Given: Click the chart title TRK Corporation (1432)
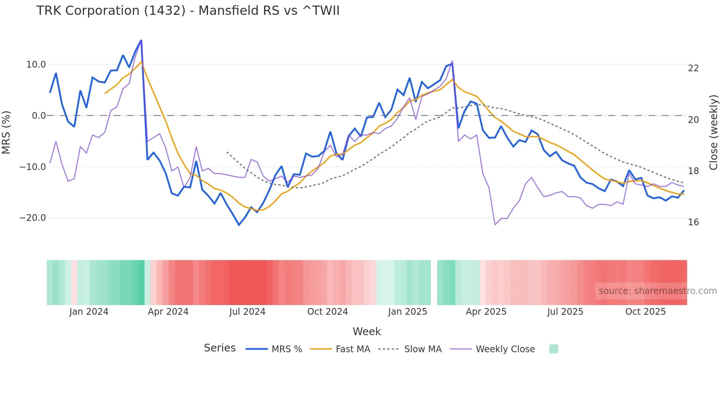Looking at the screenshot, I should coord(188,11).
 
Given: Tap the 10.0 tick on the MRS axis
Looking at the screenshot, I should coord(36,65).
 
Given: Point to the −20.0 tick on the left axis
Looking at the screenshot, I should coord(33,218).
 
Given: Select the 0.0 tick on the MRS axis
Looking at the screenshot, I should coord(39,116).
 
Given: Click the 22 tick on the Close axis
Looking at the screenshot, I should coord(693,68).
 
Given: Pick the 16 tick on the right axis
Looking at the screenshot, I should coord(693,222).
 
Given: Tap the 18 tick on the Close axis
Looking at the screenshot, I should coord(693,171).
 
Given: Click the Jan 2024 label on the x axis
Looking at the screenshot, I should coord(89,312).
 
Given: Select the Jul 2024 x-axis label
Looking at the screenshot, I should coord(247,312).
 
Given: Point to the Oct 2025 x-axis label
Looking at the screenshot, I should coord(646,312).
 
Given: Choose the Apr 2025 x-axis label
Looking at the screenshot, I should coord(486,312).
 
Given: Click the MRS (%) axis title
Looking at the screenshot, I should coord(6,132).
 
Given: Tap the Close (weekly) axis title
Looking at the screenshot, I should coord(713,132).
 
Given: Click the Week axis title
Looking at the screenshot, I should coord(367,331).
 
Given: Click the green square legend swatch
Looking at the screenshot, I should coord(553,349).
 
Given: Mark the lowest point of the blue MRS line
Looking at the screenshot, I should coord(239,225).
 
